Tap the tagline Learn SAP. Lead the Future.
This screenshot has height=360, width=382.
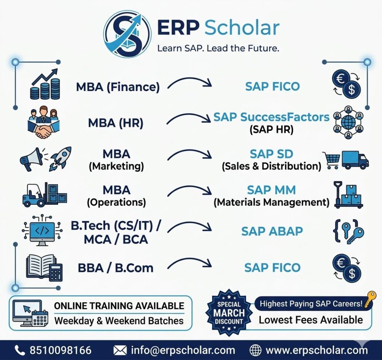coord(218,49)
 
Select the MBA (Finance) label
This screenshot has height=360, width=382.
coord(118,87)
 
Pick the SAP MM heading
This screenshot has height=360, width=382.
coord(271,190)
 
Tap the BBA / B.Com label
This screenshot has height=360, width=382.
coord(116,268)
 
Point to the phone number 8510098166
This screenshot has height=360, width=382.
coord(60,350)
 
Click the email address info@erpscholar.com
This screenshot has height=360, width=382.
coord(183,350)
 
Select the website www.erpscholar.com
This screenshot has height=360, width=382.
coord(317,350)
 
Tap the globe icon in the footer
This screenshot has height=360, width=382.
coord(256,350)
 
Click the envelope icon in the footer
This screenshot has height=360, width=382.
coord(120,350)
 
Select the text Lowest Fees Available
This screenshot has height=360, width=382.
coord(311,320)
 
